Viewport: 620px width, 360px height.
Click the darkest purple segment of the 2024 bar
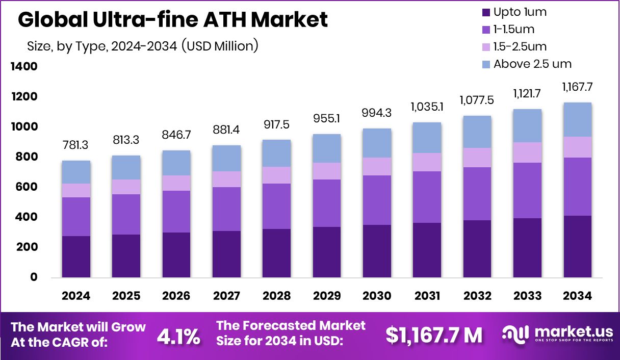click(76, 256)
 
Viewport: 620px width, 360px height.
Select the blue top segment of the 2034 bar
click(578, 119)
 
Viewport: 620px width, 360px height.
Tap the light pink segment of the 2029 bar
click(327, 171)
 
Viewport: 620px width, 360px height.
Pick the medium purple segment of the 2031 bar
click(427, 197)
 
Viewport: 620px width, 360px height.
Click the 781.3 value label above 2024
click(76, 145)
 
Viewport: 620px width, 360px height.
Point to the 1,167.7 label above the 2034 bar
click(578, 87)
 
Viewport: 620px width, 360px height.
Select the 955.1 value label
click(327, 119)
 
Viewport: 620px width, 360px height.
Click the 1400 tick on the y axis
click(23, 67)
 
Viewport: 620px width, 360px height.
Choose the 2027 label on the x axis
click(226, 296)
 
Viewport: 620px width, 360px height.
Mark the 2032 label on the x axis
click(477, 296)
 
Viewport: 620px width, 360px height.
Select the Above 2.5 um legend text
click(532, 64)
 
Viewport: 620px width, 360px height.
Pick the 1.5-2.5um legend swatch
click(485, 47)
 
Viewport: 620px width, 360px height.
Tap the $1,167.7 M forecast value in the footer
click(433, 335)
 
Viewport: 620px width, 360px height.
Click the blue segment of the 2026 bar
click(176, 163)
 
